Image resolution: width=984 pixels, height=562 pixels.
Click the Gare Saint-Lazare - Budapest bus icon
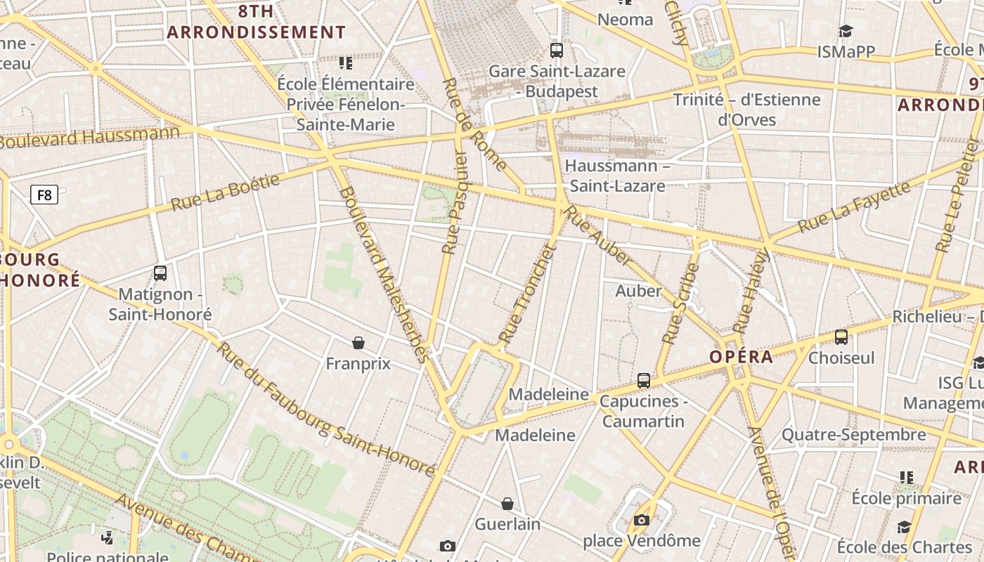coord(557,50)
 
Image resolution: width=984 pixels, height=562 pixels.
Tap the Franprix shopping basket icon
coord(358,343)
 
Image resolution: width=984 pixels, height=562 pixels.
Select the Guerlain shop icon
coord(507,504)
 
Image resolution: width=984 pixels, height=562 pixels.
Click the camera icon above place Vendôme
coord(641,521)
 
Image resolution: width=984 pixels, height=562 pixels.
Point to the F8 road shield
coord(44,195)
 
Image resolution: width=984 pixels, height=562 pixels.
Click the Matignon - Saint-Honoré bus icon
coord(160,273)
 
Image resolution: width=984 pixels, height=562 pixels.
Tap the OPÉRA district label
coord(741,357)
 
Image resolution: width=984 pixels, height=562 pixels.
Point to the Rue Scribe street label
coord(680,303)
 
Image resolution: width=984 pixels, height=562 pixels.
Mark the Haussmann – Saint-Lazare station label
coord(617,176)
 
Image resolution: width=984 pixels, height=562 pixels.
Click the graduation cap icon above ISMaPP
coord(846,31)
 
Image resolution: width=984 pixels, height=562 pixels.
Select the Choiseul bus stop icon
coord(841,337)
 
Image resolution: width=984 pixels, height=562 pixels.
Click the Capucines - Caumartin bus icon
coord(644,381)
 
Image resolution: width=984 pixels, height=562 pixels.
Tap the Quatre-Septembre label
coord(853,435)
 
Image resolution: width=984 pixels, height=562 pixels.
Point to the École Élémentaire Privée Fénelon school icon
coord(345,63)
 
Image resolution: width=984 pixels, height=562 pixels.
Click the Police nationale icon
coord(108,538)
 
